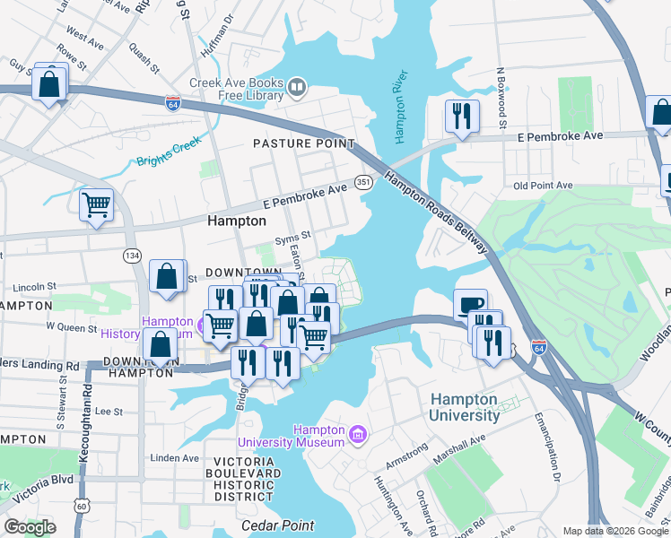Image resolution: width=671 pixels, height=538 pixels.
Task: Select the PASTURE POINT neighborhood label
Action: tap(303, 143)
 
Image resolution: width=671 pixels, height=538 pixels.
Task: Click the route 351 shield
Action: tap(363, 182)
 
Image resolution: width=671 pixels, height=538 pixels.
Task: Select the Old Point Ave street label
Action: tap(543, 186)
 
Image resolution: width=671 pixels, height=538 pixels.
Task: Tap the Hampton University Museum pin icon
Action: tap(358, 436)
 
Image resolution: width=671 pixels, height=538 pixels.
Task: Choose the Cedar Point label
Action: tap(277, 525)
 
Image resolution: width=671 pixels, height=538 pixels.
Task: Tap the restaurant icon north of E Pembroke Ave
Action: tap(462, 116)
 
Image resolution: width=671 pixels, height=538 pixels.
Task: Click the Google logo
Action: tap(30, 527)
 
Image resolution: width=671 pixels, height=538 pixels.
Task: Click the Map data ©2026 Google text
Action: tap(614, 531)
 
